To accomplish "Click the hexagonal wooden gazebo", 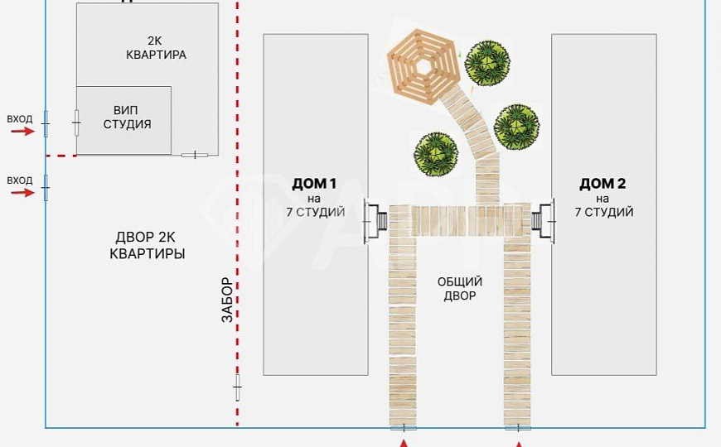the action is (x=422, y=65).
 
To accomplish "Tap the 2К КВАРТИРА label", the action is (x=156, y=49).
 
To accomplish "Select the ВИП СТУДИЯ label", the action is (x=127, y=118).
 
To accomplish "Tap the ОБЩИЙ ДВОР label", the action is (x=459, y=288).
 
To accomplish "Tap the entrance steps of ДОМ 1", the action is (x=379, y=222).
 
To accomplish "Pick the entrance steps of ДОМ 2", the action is (x=540, y=221).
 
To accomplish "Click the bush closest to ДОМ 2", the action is (x=516, y=127).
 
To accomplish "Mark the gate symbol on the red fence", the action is (x=238, y=387).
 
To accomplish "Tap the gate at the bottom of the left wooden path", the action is (x=404, y=427).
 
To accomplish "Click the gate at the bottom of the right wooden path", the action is (x=518, y=427).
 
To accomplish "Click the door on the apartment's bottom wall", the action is (x=195, y=155).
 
